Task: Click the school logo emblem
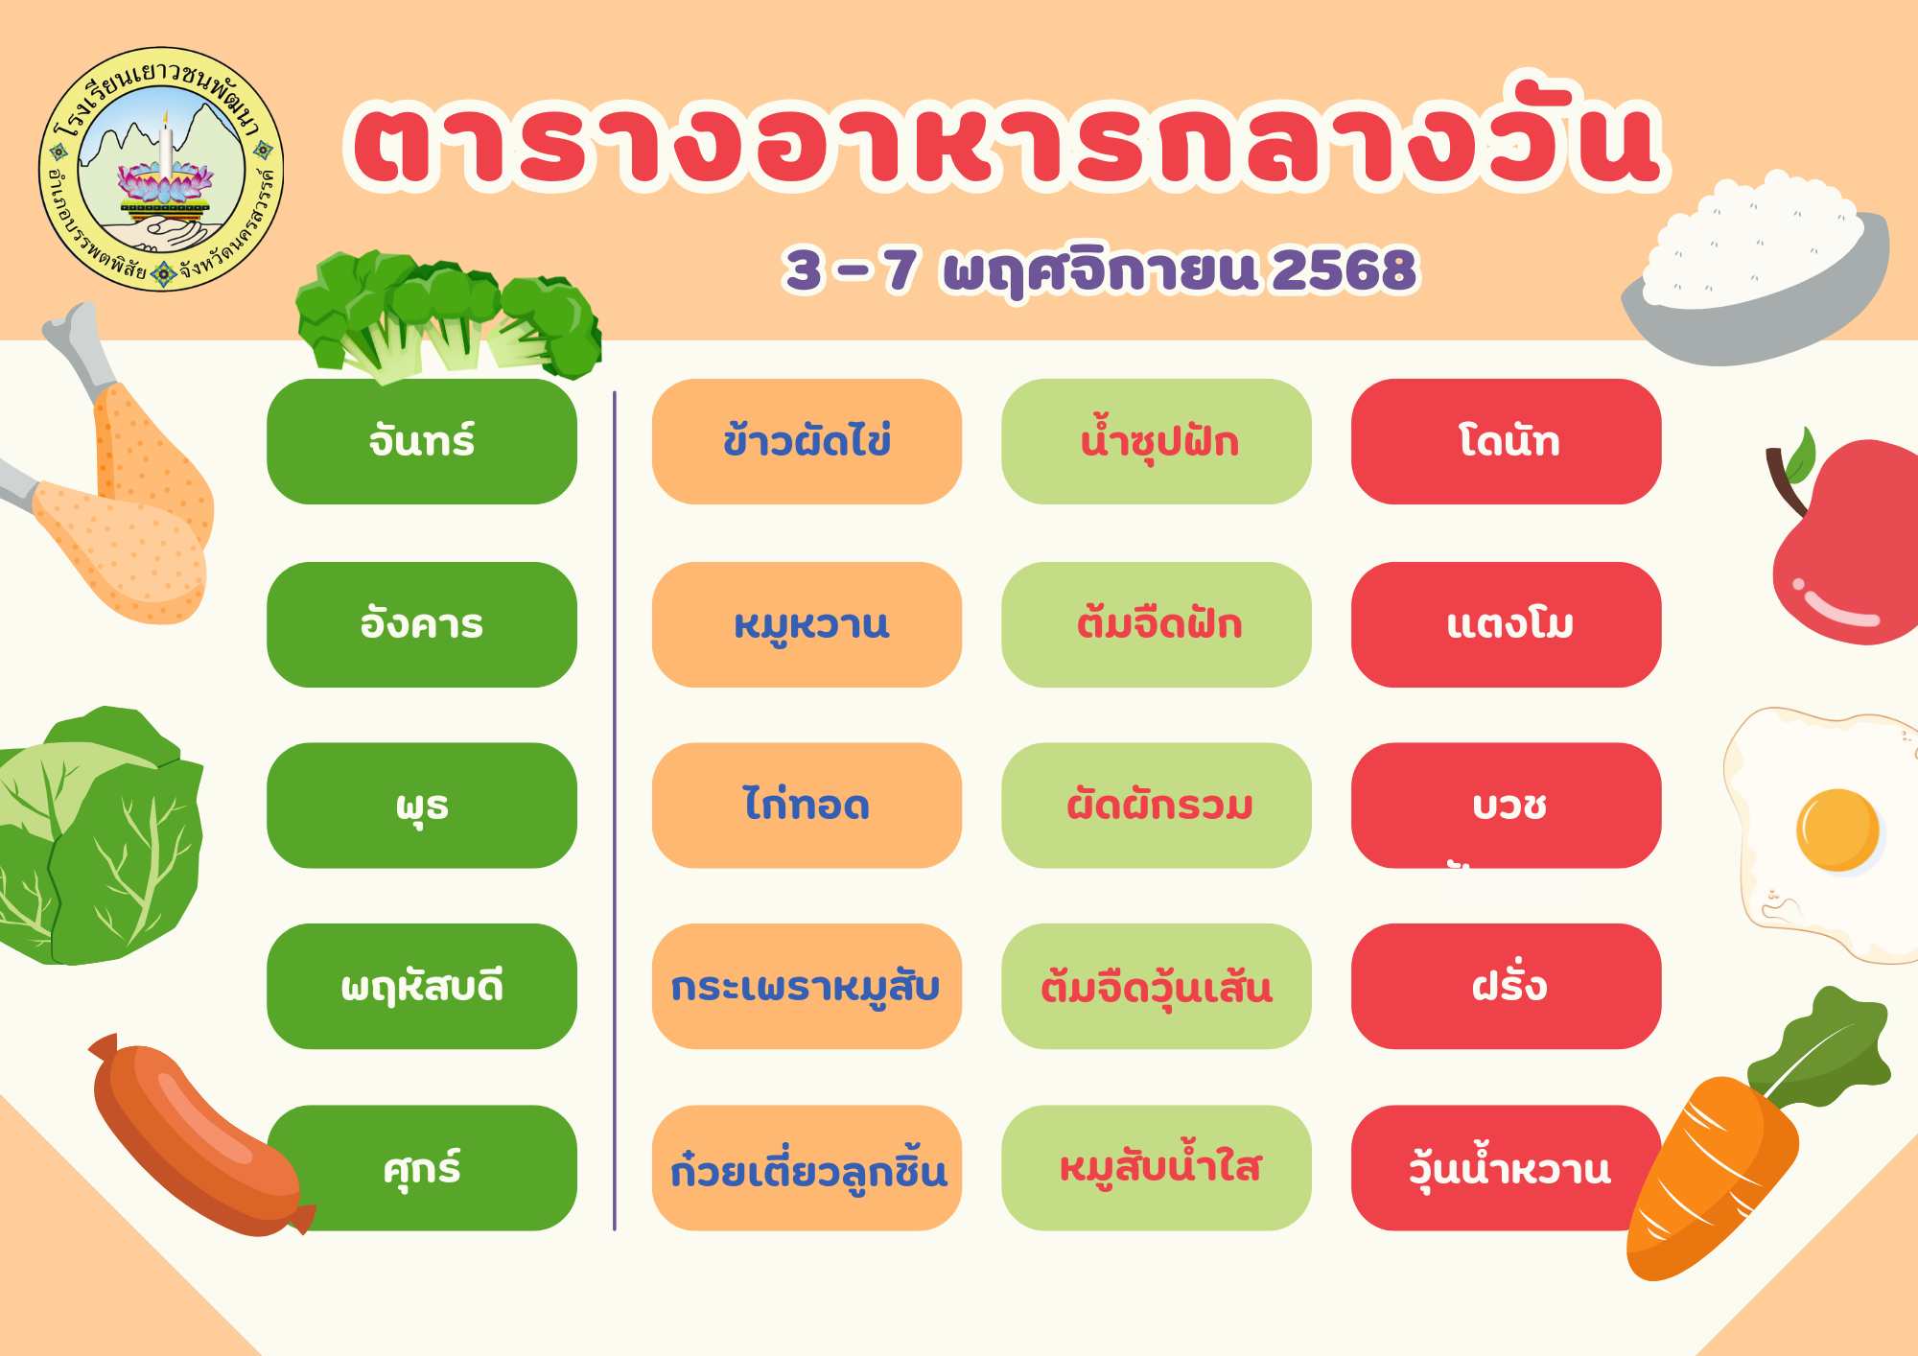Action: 161,169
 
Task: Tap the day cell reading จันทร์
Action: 422,441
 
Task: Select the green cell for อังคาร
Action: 422,624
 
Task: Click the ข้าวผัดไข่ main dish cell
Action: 807,441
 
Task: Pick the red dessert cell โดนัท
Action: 1507,441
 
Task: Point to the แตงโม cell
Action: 1507,624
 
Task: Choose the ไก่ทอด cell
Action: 807,806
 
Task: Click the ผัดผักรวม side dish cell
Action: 1157,806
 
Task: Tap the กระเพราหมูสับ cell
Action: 807,986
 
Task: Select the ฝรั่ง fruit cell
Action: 1507,986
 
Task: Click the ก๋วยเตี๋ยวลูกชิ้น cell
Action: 807,1168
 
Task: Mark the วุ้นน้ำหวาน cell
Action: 1507,1168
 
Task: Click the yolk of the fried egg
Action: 1837,830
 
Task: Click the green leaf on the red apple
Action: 1799,456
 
